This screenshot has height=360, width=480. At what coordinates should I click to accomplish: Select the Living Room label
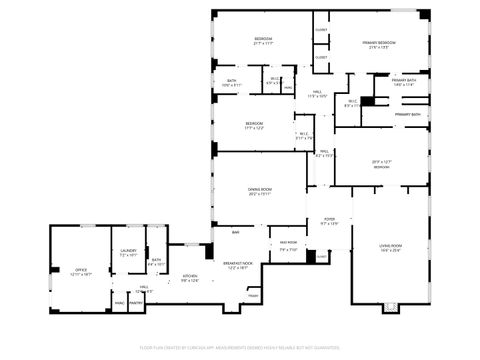389,247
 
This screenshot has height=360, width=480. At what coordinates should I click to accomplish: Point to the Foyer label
328,220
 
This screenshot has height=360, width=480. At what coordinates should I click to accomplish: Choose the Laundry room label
128,252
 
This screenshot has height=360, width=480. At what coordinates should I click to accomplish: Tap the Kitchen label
189,277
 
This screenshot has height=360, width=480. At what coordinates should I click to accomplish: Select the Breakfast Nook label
239,265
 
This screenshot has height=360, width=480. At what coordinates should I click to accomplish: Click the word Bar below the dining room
235,233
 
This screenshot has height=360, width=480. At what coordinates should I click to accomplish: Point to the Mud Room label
288,244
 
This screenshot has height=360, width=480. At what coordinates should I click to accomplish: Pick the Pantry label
136,303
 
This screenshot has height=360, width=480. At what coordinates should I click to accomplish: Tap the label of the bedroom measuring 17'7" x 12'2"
254,125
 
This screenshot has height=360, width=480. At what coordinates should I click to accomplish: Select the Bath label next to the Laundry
156,261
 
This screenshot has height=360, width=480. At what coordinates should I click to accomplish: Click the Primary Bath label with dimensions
404,82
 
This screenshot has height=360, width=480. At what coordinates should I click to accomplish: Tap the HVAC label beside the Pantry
119,303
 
